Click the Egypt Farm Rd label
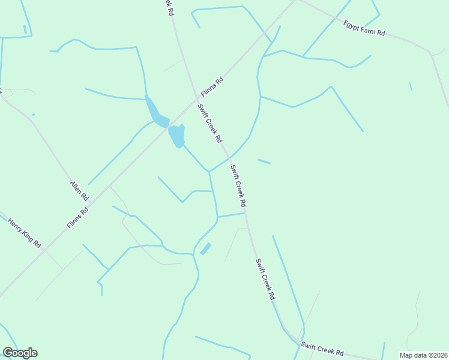(x=364, y=28)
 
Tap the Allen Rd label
(x=79, y=191)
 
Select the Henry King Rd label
(x=24, y=233)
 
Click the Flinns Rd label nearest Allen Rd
(x=78, y=217)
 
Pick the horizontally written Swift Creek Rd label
(x=322, y=349)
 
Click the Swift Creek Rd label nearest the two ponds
(x=210, y=122)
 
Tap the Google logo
(x=20, y=353)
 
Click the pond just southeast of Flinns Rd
(x=176, y=136)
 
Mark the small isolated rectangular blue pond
(x=206, y=248)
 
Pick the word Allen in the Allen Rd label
(x=76, y=187)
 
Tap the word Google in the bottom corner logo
(x=20, y=353)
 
